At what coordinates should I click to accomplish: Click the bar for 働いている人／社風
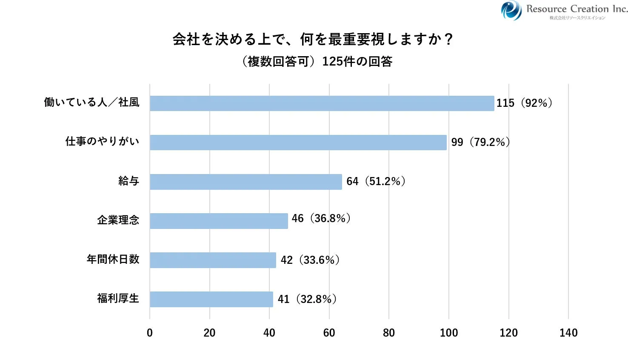click(x=322, y=103)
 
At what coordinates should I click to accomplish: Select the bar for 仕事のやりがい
click(x=298, y=143)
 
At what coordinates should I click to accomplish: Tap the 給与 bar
click(x=245, y=182)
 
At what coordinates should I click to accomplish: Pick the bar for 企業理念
click(x=219, y=221)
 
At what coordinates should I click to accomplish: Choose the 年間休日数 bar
click(x=213, y=260)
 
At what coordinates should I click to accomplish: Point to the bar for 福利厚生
click(x=211, y=299)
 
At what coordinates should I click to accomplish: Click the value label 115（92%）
click(x=524, y=103)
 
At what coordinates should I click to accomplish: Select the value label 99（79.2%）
click(x=480, y=142)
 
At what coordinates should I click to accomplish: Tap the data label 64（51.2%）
click(x=376, y=181)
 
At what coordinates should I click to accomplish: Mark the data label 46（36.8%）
click(x=321, y=218)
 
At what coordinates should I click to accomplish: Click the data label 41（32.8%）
click(x=307, y=299)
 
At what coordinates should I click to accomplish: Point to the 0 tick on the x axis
click(x=150, y=333)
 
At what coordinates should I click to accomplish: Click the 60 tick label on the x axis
click(x=329, y=333)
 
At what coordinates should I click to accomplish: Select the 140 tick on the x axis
click(x=568, y=333)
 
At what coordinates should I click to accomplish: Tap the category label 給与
click(x=129, y=181)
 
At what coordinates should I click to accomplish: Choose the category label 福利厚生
click(x=118, y=298)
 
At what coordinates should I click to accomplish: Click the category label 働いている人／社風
click(x=92, y=102)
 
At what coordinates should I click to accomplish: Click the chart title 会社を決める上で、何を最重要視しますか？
click(x=313, y=39)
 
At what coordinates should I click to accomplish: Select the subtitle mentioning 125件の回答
click(x=317, y=62)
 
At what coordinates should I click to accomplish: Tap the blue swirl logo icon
click(x=511, y=10)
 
